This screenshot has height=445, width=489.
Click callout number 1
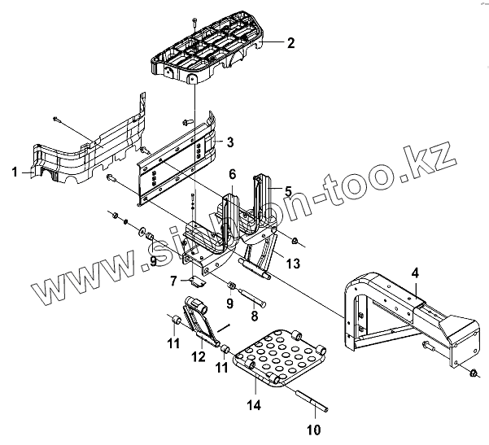(x=14, y=172)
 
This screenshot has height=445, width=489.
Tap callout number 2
(x=290, y=43)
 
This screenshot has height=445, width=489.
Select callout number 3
(x=230, y=142)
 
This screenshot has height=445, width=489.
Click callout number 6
(x=232, y=174)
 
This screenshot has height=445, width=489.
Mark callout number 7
(x=173, y=281)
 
